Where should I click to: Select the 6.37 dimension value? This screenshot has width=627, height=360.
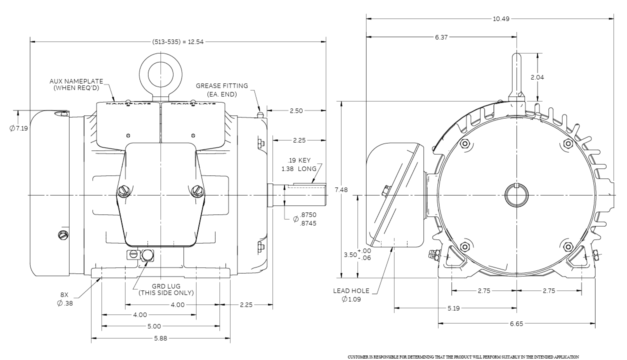click(441, 37)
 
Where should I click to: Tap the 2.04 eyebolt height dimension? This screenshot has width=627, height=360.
click(537, 77)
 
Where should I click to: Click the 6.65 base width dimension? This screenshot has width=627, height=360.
click(516, 324)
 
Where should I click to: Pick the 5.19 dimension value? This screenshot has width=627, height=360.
click(453, 308)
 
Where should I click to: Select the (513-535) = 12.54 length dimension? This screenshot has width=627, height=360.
click(178, 41)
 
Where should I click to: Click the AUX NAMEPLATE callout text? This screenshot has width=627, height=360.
click(76, 84)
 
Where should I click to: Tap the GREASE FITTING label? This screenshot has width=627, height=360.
click(221, 89)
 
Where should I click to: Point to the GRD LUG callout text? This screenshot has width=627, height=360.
click(166, 289)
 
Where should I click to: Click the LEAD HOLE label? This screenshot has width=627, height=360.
click(351, 294)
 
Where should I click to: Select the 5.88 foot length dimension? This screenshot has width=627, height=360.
click(160, 338)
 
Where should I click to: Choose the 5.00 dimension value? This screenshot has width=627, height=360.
click(154, 326)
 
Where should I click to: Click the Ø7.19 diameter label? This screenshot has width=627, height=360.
click(19, 128)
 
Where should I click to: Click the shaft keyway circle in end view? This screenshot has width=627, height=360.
click(516, 194)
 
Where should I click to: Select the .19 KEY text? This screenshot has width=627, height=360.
click(299, 160)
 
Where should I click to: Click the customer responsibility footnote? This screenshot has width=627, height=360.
click(463, 357)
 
